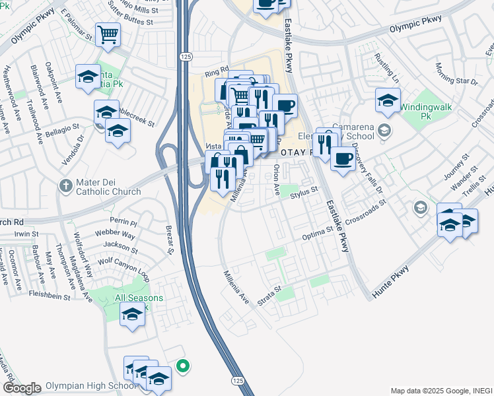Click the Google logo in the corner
22,388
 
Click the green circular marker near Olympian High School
184,365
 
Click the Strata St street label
269,294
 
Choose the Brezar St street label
170,242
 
